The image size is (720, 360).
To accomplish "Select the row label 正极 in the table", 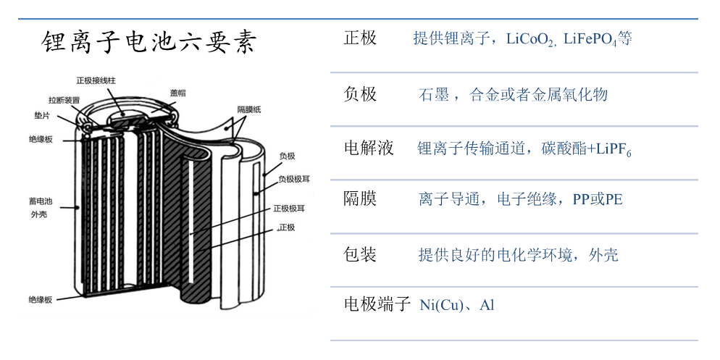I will point(360,38).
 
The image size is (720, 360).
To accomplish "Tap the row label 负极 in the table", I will point(360,94).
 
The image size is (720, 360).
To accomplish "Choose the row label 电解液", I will point(369,148).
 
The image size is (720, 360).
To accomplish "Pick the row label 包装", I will point(360,254).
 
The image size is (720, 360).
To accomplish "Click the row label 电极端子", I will point(377,304).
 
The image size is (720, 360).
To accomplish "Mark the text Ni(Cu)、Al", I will point(457,305).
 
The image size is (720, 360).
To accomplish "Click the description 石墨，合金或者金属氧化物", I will point(514,95).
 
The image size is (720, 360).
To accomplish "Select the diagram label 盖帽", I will point(178,93).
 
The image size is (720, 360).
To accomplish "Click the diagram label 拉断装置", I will point(64,99).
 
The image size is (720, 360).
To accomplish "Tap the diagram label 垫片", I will point(41,115).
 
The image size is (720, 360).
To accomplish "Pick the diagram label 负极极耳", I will point(294,178).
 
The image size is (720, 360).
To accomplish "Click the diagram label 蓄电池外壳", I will point(39,207).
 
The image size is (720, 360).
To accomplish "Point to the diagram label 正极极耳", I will point(289,209).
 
